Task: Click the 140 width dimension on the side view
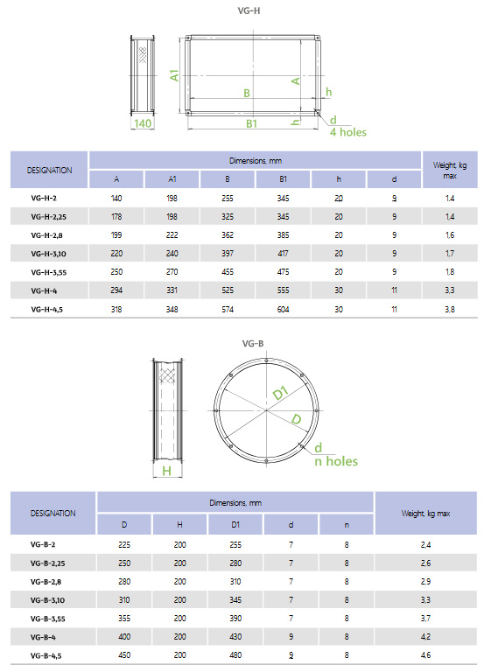click(143, 124)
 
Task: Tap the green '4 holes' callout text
click(347, 132)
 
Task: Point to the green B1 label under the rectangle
click(250, 124)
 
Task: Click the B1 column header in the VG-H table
click(284, 179)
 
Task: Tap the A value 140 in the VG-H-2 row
click(116, 199)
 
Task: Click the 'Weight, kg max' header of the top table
click(450, 170)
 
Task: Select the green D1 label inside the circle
click(279, 394)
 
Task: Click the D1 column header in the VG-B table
click(235, 524)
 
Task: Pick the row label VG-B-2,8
click(50, 581)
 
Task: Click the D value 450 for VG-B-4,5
click(124, 654)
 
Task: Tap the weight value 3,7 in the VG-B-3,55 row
click(424, 618)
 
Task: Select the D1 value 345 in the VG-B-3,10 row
click(235, 599)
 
